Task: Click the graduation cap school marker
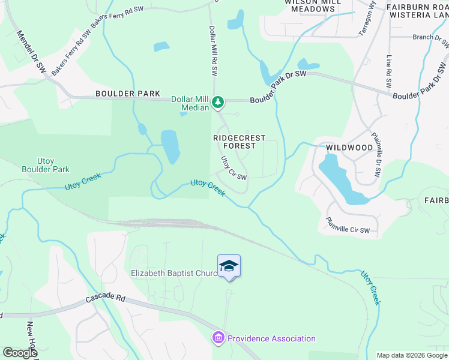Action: [x=229, y=266]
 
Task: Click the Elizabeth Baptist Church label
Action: [x=174, y=274]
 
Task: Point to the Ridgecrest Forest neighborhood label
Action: [x=240, y=142]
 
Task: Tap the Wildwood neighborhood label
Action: [x=349, y=148]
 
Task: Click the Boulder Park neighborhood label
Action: [x=128, y=94]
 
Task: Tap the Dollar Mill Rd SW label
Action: [x=212, y=50]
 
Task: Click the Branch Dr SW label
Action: [x=431, y=37]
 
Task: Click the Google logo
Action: [x=20, y=353]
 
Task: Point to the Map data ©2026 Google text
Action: [x=411, y=355]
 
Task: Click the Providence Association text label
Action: [x=271, y=338]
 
